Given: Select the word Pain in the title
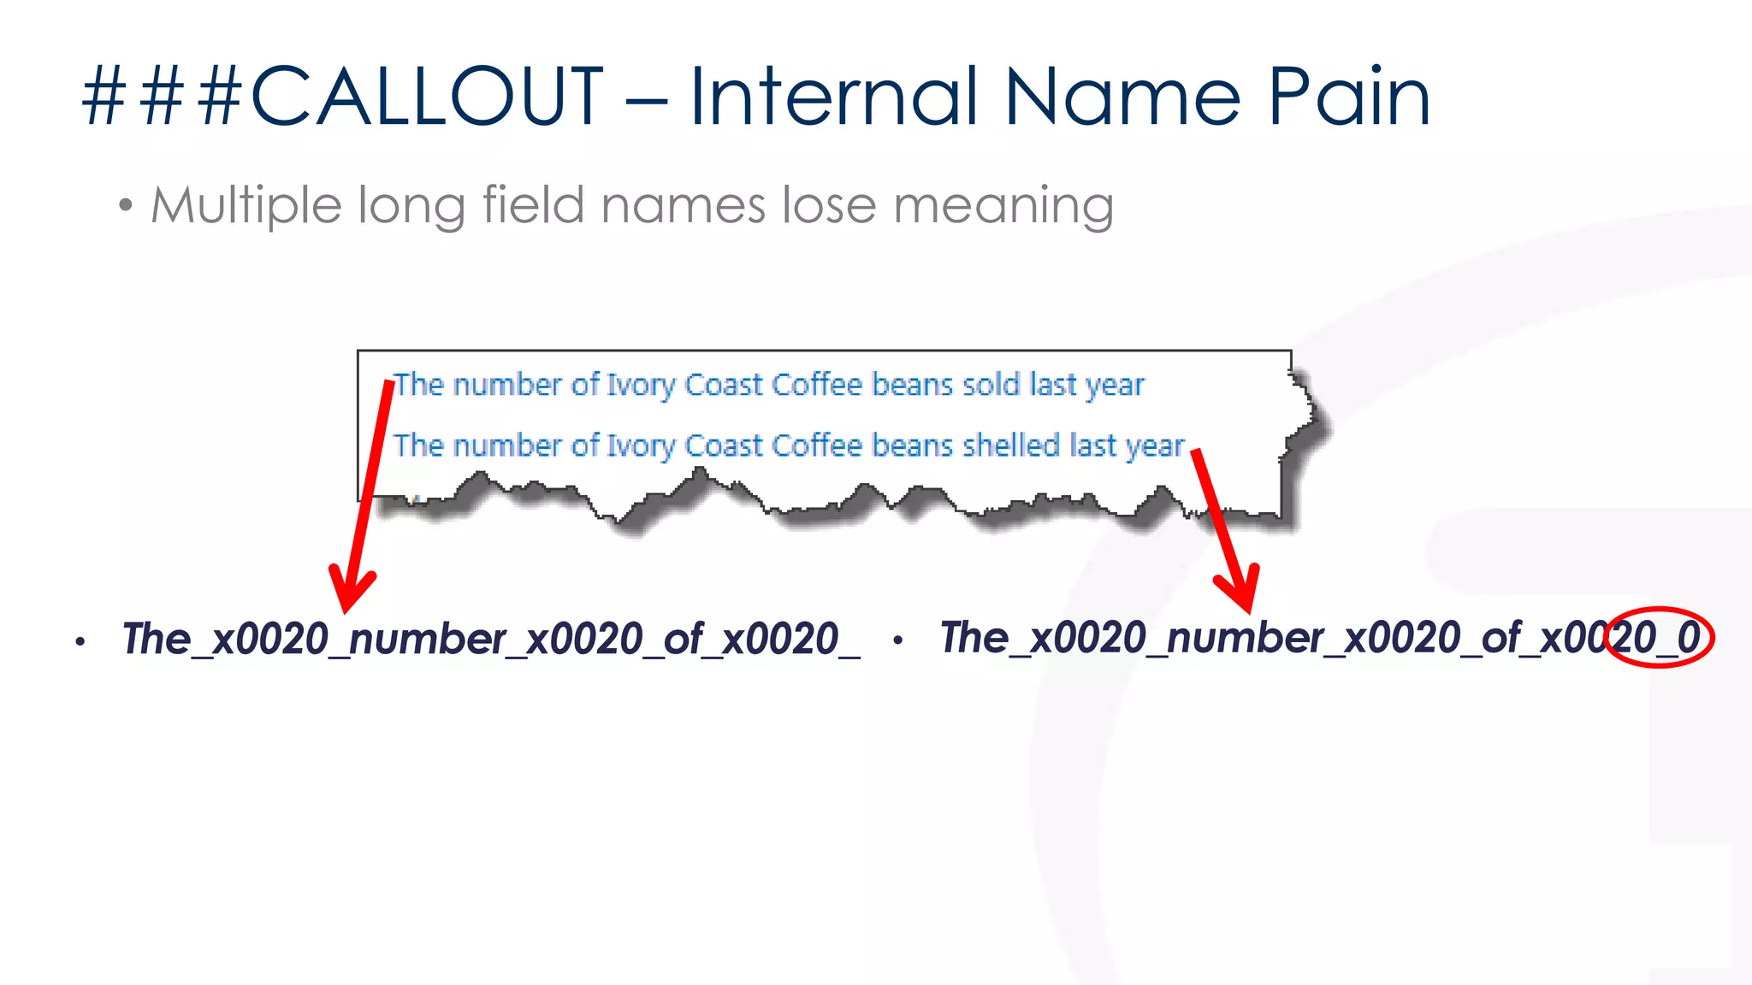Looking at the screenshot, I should (x=1349, y=96).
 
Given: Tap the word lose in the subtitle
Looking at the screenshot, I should (x=829, y=206).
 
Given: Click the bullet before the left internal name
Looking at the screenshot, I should (x=80, y=641).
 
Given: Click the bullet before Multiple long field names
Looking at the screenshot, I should (x=127, y=206).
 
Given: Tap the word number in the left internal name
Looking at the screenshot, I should (x=428, y=640).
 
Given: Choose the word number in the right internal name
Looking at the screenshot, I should (x=1246, y=638).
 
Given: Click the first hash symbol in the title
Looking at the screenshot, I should (x=104, y=96).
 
